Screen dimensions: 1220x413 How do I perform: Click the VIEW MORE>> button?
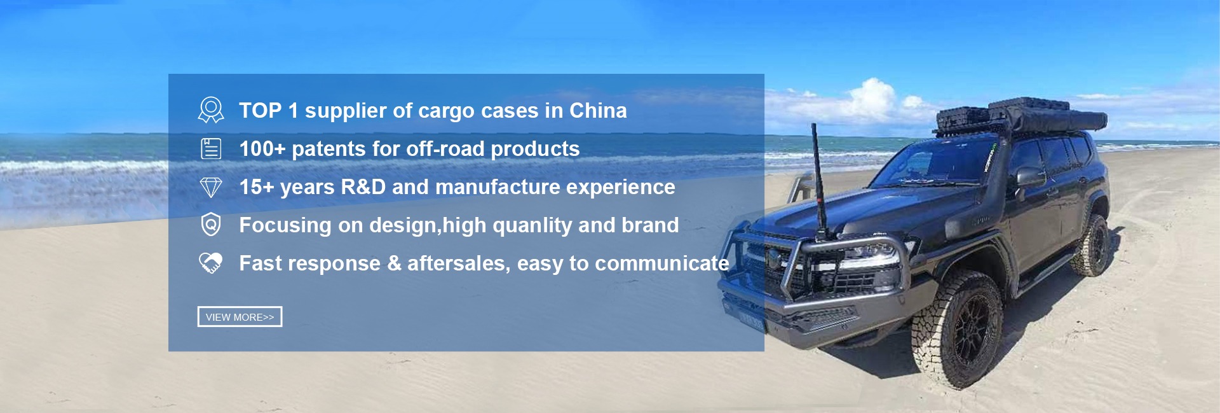240,317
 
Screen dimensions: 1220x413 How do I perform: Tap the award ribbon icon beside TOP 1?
211,110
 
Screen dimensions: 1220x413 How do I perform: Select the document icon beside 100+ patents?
211,148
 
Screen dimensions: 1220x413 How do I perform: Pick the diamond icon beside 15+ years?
211,187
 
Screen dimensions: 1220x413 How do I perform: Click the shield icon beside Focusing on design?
211,225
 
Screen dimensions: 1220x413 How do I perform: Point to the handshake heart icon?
211,263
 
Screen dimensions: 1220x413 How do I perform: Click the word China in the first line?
598,111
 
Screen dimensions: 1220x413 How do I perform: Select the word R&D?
363,187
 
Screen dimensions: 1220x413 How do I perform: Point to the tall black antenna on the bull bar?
818,181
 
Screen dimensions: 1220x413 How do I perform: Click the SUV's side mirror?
1030,178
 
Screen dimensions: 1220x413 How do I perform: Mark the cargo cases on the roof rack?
1020,115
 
